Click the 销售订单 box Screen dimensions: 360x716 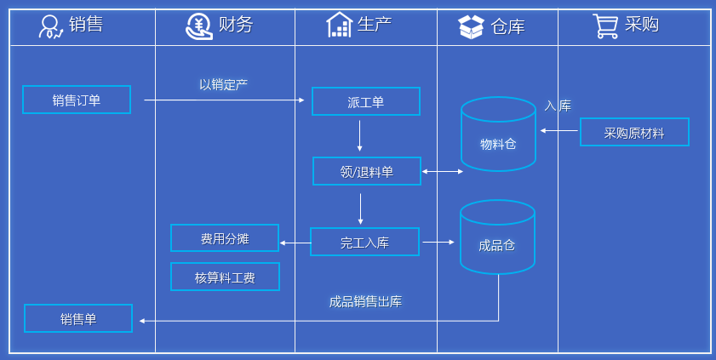click(77, 100)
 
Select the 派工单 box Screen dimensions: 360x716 click(366, 101)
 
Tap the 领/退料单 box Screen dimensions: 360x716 click(367, 171)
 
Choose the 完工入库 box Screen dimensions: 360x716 click(365, 242)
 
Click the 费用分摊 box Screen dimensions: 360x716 click(225, 238)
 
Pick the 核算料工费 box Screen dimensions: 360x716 click(225, 277)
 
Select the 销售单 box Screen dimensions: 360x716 click(78, 318)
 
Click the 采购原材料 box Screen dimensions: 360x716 click(634, 132)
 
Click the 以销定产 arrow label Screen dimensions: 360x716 click(223, 84)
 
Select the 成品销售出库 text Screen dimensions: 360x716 click(365, 301)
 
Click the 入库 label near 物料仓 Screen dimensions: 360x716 click(558, 106)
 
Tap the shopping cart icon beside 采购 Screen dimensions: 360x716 click(605, 26)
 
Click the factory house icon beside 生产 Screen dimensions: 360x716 click(340, 25)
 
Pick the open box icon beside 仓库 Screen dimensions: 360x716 click(471, 26)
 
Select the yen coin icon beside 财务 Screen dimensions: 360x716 click(199, 26)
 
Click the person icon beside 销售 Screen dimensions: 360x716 click(51, 26)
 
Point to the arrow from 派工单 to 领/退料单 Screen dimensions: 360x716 click(360, 136)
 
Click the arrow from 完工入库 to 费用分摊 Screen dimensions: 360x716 click(295, 243)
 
